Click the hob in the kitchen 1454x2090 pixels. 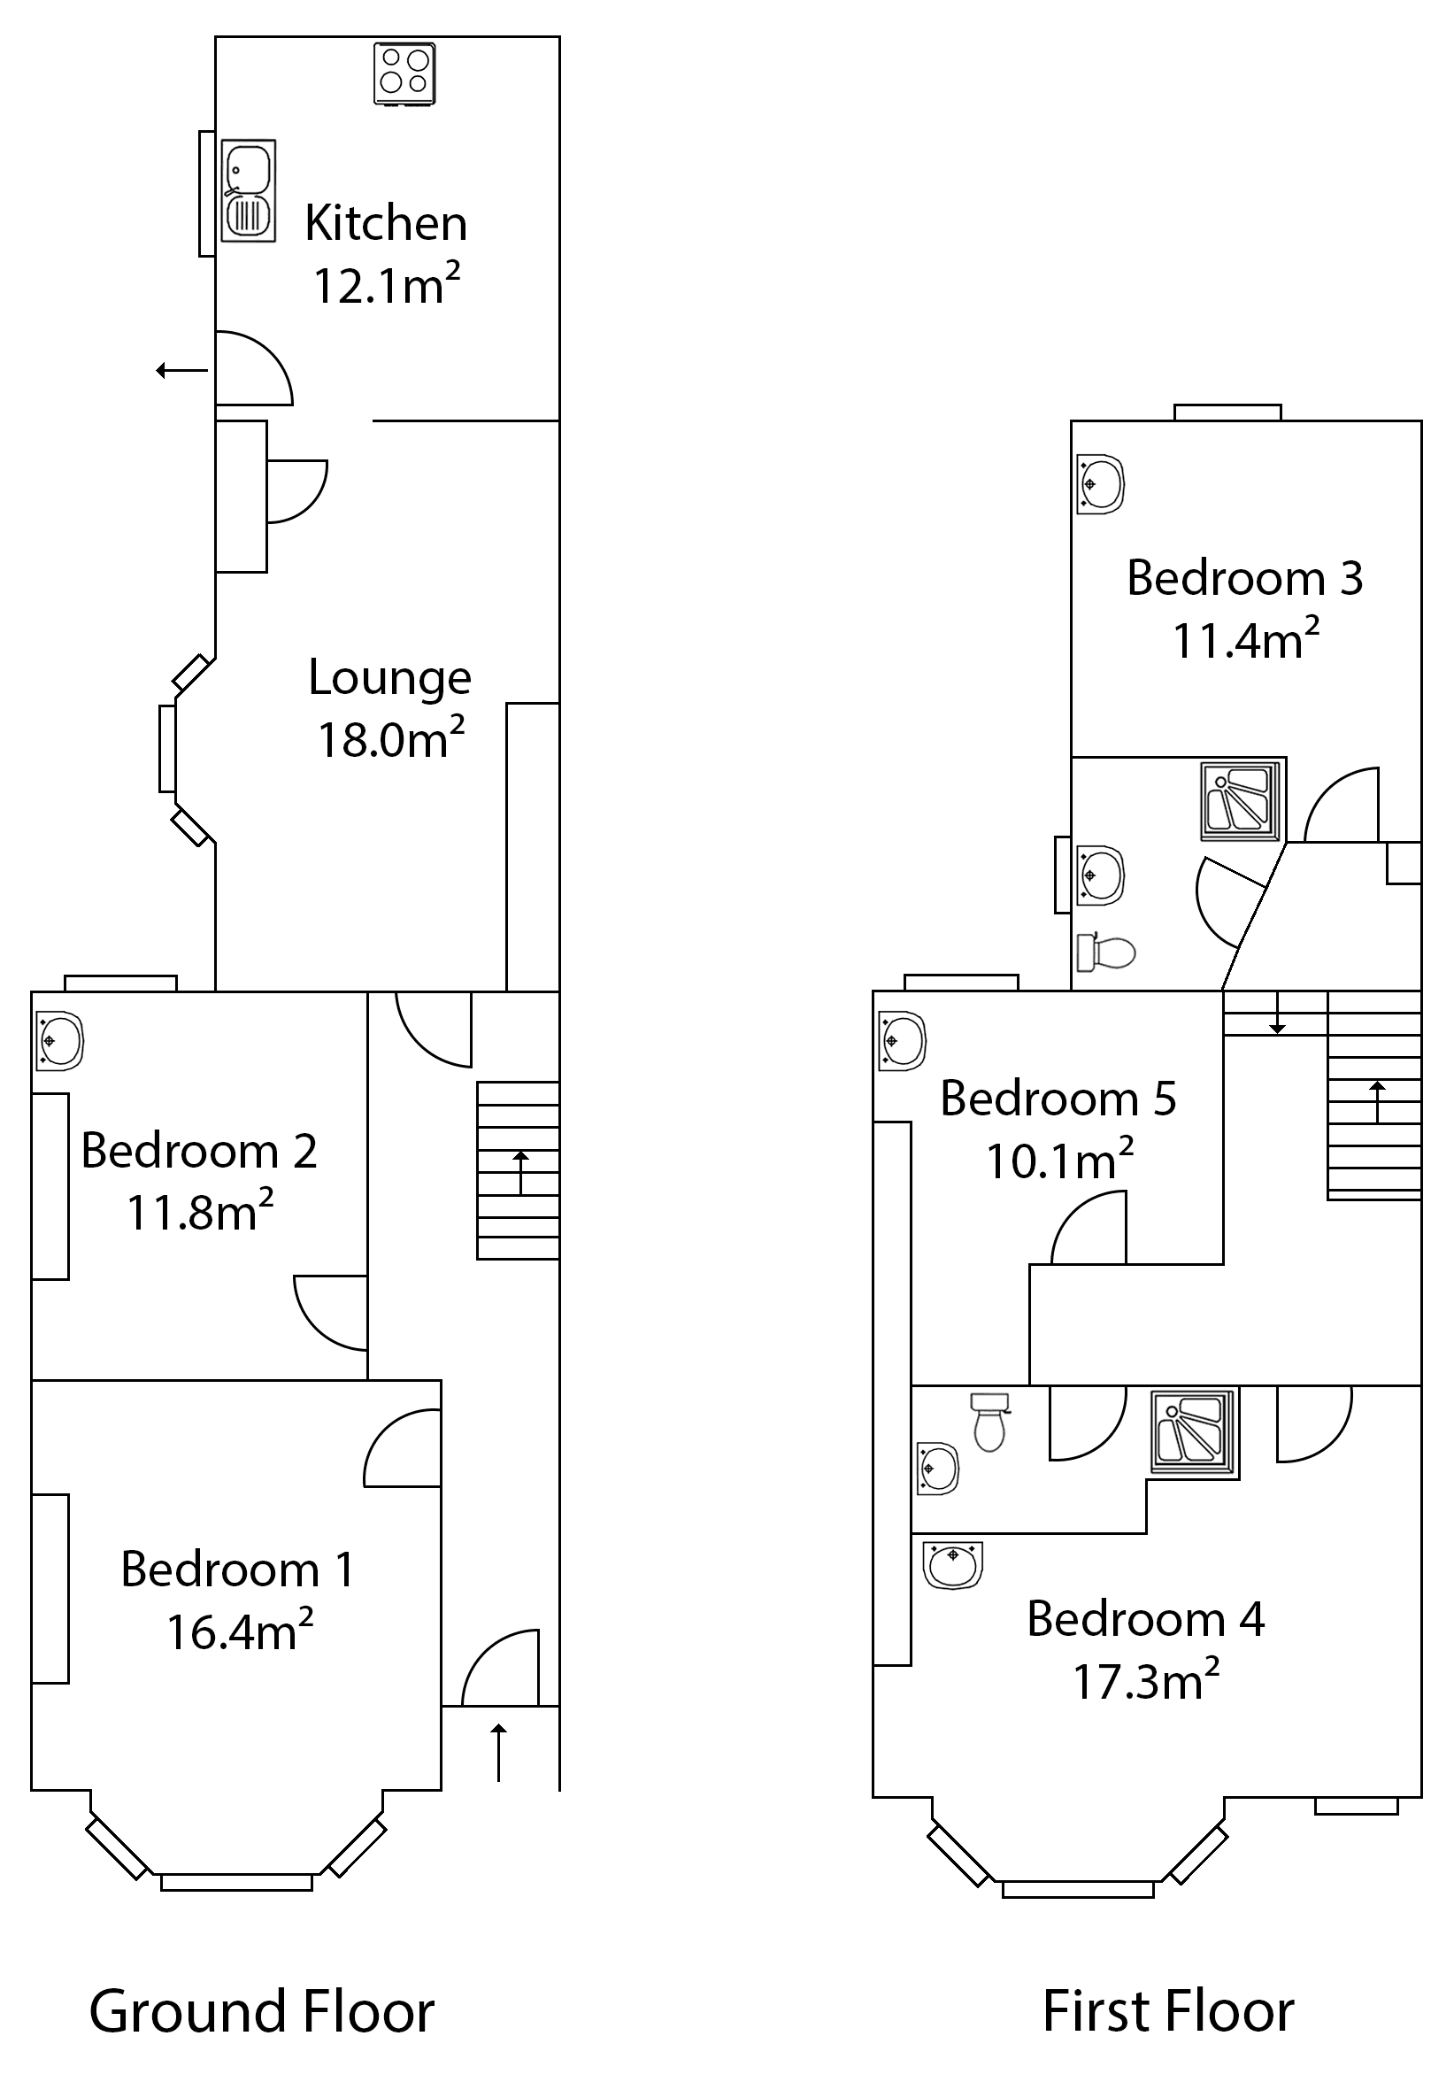[405, 73]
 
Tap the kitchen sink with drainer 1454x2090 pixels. [248, 191]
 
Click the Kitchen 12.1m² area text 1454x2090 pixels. [387, 286]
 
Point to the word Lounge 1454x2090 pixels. [389, 678]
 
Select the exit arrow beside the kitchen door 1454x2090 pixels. [182, 369]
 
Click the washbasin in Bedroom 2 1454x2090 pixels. [60, 1040]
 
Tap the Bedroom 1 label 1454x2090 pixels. [236, 1569]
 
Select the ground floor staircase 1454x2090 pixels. [518, 1169]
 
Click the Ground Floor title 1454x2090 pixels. [262, 2010]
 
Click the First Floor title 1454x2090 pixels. [1167, 2010]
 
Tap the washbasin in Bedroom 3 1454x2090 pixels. [1100, 484]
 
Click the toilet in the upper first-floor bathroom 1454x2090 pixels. [1106, 952]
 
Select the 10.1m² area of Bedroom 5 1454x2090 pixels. [1059, 1161]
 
